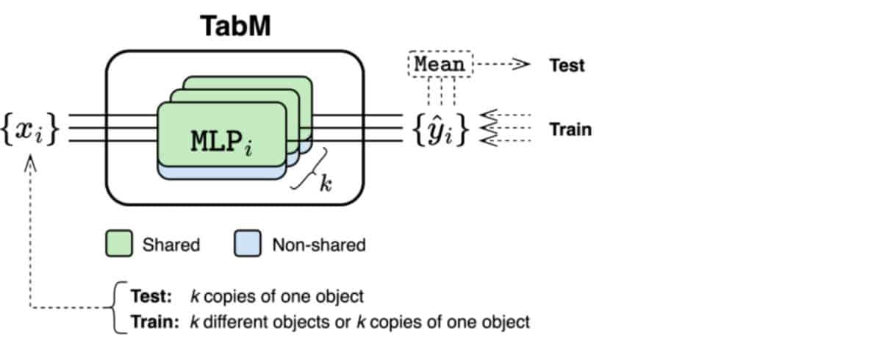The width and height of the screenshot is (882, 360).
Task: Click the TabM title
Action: (235, 26)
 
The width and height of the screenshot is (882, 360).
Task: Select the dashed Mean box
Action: (440, 64)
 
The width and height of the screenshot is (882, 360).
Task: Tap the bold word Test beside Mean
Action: (567, 65)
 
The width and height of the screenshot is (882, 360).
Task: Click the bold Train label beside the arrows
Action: (570, 129)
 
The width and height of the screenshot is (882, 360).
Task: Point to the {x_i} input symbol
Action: (30, 129)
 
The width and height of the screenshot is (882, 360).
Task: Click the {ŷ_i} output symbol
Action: (440, 129)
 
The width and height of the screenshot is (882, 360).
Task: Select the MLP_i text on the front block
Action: (221, 143)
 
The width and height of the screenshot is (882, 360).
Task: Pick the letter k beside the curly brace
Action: (326, 183)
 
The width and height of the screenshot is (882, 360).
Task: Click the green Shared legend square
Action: (119, 243)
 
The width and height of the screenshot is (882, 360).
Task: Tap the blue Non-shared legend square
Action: (247, 243)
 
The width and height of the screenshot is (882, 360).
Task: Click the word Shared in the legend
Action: (171, 245)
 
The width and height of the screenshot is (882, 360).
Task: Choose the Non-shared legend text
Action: (319, 245)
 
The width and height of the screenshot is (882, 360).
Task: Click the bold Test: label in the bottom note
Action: (151, 296)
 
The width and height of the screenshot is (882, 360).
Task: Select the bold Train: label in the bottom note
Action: (155, 322)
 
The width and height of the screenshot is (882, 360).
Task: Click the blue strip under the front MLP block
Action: (222, 173)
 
